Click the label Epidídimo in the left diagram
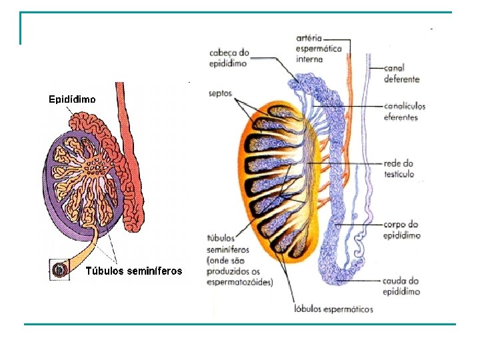tap(72, 99)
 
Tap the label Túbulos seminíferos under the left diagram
tap(134, 271)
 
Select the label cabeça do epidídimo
tap(229, 57)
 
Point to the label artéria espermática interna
tap(319, 49)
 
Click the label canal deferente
tap(401, 73)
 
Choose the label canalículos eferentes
tap(404, 111)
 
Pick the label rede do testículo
tap(399, 169)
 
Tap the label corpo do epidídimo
tap(401, 229)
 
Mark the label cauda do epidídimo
tap(401, 286)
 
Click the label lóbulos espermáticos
tap(333, 309)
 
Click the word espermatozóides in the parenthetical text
tap(238, 282)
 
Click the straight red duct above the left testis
tap(120, 100)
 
